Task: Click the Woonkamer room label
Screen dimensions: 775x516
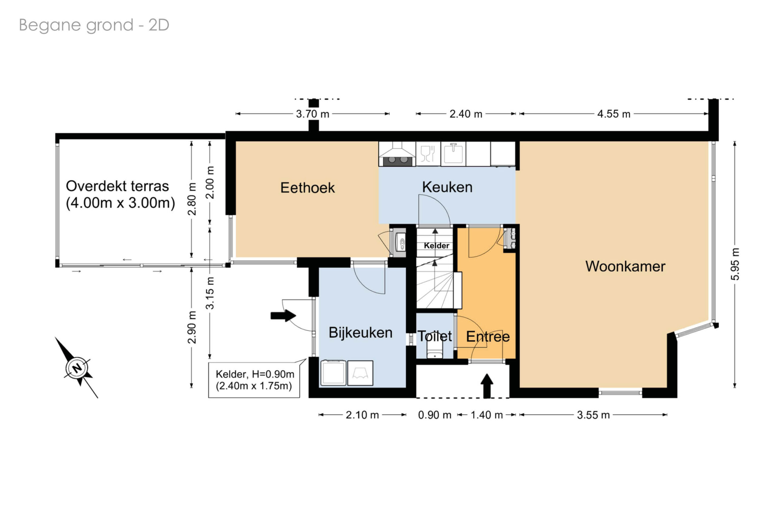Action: click(x=625, y=266)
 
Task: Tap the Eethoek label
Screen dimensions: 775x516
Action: click(x=307, y=188)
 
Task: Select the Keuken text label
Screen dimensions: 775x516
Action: click(x=447, y=187)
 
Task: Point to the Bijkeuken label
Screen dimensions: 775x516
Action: click(x=360, y=332)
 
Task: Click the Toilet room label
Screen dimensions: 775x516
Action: click(x=434, y=336)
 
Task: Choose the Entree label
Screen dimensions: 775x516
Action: click(x=488, y=336)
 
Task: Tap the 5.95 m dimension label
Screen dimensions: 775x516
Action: click(x=735, y=264)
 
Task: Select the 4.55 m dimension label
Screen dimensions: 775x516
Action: click(x=614, y=114)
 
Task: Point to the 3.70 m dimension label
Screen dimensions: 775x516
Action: click(x=312, y=114)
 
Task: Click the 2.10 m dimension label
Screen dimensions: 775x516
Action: click(x=362, y=415)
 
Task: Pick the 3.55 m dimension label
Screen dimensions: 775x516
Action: click(x=593, y=415)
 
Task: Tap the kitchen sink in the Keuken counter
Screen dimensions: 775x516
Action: click(x=453, y=154)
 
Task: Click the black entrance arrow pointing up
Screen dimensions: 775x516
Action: click(x=487, y=386)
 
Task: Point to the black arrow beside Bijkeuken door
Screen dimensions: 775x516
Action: click(x=283, y=315)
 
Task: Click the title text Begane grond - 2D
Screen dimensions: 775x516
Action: click(x=94, y=25)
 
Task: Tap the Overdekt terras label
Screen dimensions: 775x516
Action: click(x=120, y=194)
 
